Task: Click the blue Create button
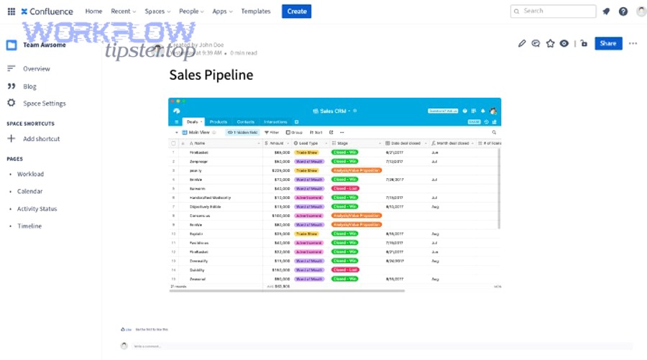(296, 11)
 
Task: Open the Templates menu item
(256, 11)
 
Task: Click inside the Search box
(553, 11)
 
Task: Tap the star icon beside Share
(550, 43)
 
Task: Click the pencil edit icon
(522, 43)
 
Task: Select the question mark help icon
(623, 11)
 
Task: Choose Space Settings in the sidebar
(44, 103)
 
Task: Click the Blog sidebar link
(29, 86)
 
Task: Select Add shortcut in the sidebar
(41, 139)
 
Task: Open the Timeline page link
(29, 226)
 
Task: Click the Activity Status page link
(37, 209)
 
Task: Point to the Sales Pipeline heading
(211, 75)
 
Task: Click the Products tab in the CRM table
(218, 122)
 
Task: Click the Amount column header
(277, 143)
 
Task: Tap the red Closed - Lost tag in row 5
(345, 188)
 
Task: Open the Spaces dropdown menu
(157, 11)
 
